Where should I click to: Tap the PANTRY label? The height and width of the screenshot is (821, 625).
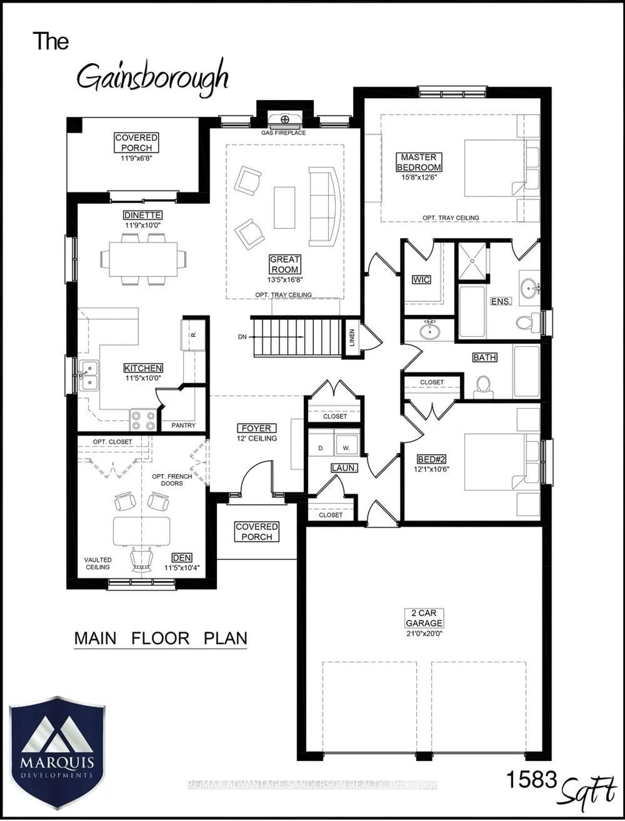coord(183,425)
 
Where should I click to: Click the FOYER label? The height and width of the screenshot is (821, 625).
coord(256,428)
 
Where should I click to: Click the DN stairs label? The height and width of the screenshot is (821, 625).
coord(242,337)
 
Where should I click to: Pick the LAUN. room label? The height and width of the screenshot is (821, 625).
coord(344,468)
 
